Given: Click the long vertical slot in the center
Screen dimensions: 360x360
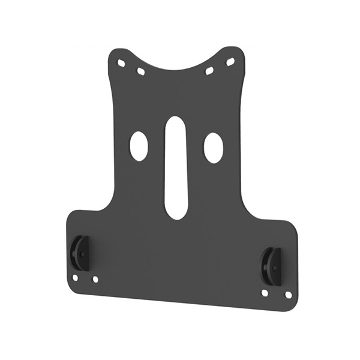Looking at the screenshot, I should tap(176, 167).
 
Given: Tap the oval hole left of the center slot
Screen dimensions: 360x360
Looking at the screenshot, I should tap(139, 146).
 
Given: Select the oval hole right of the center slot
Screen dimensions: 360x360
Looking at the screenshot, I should tap(213, 148).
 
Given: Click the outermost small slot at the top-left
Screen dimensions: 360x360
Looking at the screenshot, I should tap(121, 62).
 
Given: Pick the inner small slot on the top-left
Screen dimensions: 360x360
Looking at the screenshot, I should tap(141, 71).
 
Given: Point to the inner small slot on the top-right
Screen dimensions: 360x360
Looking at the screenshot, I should tap(209, 71).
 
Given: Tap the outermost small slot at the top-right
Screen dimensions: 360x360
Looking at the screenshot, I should tap(230, 62).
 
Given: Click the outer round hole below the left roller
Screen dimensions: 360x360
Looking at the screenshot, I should tap(75, 278).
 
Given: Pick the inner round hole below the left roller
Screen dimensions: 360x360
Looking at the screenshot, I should tap(95, 279).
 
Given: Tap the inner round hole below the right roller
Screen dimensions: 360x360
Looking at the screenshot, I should tap(265, 293).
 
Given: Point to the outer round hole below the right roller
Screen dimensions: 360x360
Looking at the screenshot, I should tap(288, 295).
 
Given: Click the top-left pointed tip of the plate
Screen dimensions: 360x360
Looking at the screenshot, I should tap(115, 52).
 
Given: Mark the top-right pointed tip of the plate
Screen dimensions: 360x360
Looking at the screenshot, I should tap(238, 49).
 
